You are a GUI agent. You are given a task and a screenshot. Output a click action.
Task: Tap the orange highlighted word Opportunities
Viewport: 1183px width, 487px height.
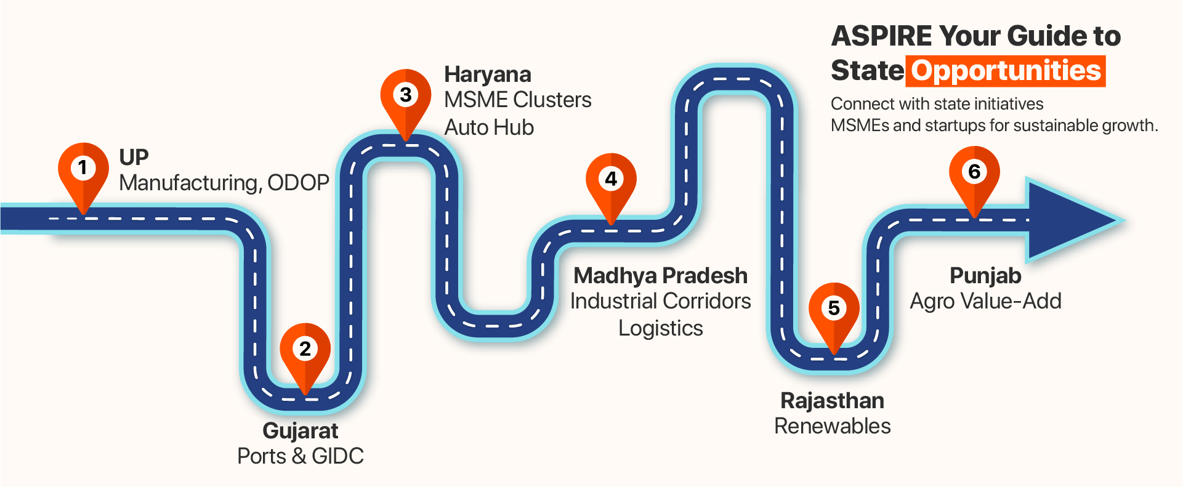coord(1006,71)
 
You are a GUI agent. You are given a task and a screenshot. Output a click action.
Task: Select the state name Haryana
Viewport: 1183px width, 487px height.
coord(488,74)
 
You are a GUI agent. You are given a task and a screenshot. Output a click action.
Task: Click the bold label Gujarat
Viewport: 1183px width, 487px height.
coord(301,431)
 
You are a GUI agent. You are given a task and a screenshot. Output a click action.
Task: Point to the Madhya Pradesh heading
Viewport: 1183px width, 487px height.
coord(660,276)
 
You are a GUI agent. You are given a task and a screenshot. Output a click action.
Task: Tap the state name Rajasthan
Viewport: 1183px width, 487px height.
coord(832,401)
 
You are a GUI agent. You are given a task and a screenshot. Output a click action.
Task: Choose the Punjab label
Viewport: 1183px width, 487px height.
coord(985,276)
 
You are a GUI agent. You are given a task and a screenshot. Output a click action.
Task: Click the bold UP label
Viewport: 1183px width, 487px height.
coord(134,158)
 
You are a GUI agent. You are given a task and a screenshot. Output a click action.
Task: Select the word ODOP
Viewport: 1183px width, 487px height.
coord(298,183)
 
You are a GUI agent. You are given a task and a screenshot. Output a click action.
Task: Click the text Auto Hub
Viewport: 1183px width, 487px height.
coord(489,127)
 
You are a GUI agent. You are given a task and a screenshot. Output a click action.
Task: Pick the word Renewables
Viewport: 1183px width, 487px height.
coord(832,426)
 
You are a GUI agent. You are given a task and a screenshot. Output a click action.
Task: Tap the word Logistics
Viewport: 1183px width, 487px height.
coord(660,328)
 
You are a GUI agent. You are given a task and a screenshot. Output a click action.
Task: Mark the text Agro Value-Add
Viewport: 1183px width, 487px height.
coord(985,301)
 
